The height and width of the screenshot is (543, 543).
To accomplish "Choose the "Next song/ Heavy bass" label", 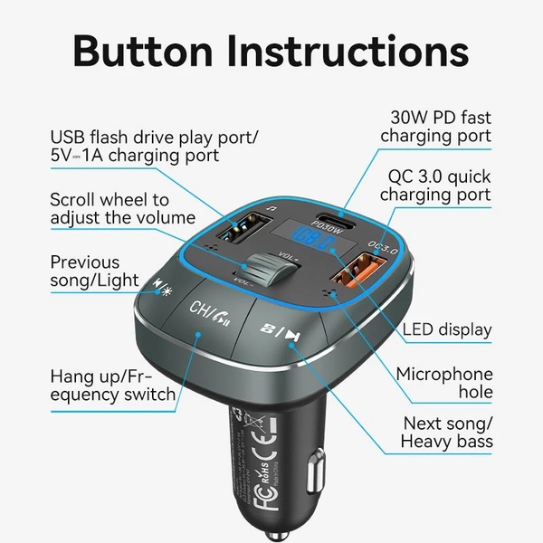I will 448,432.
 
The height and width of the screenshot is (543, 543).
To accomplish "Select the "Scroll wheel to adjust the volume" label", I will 123,208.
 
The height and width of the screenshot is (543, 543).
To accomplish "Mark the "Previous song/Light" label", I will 99,271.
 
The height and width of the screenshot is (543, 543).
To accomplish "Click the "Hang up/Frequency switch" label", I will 113,384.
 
